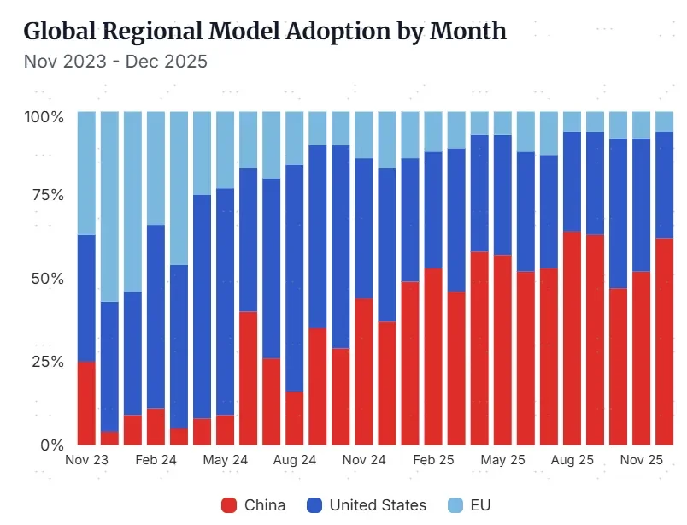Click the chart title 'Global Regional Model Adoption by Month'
point(264,32)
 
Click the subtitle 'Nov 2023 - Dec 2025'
point(115,62)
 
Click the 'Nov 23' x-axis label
point(87,460)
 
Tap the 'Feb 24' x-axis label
point(156,460)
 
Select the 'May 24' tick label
point(225,460)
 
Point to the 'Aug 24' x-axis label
point(294,460)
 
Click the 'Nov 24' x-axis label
point(363,460)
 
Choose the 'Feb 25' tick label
point(433,460)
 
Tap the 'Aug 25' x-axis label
point(572,460)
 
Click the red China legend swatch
point(229,504)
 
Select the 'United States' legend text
point(377,504)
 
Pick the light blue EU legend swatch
point(455,504)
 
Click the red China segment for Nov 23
point(86,403)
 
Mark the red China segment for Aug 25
point(572,338)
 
